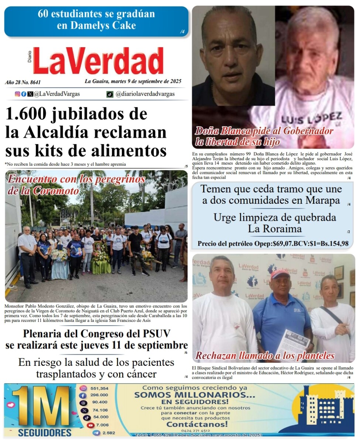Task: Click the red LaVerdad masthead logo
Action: click(98, 61)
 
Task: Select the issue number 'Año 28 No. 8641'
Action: click(23, 82)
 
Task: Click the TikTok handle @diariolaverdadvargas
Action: click(145, 94)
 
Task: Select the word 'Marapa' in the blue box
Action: click(322, 201)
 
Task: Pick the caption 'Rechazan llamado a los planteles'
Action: click(265, 356)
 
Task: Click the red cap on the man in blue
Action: click(280, 274)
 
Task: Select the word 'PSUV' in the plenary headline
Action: click(156, 334)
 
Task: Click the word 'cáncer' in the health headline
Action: click(138, 374)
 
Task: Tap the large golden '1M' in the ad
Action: click(41, 406)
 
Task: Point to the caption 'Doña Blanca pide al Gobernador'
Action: click(264, 131)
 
